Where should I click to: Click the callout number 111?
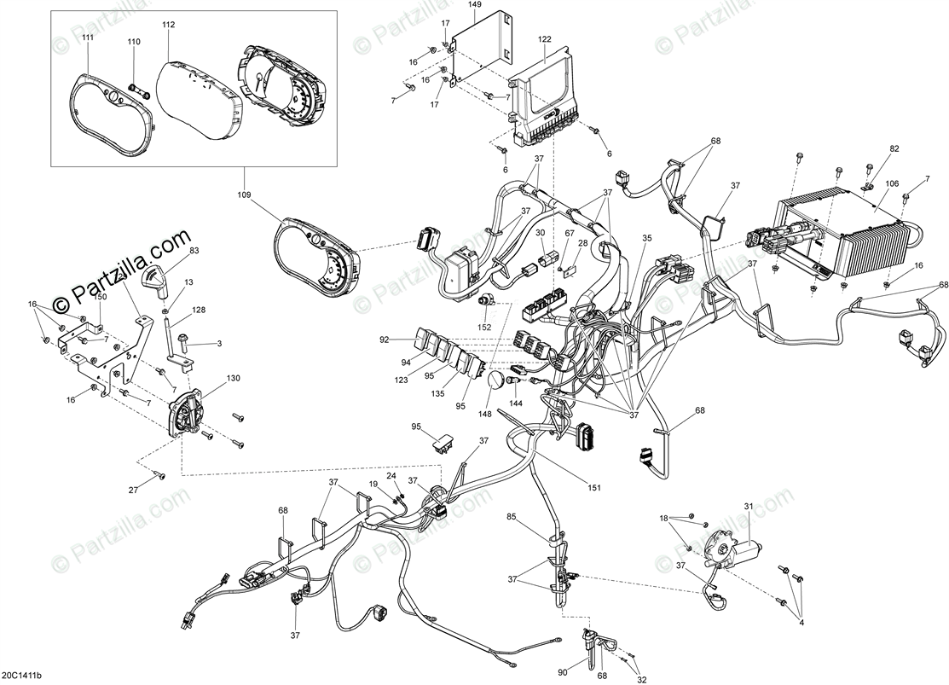88,38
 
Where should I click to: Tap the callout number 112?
168,25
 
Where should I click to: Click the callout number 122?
545,39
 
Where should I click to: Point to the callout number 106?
892,183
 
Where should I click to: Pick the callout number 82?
894,149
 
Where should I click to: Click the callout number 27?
133,490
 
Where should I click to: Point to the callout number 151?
594,488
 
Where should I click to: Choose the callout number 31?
749,508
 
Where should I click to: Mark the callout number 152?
485,327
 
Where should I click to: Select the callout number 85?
512,516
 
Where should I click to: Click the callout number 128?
199,311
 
